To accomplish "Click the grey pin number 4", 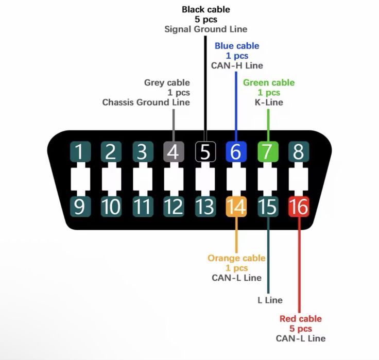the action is click(x=174, y=151).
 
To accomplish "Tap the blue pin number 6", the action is click(x=236, y=151).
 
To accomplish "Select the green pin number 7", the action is click(x=268, y=151).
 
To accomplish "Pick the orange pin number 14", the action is click(x=236, y=207).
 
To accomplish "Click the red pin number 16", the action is click(x=299, y=207).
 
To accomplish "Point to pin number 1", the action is click(x=80, y=151).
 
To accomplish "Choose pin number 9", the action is click(x=80, y=207).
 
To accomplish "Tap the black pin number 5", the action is click(x=205, y=151).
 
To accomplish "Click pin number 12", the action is click(x=174, y=207).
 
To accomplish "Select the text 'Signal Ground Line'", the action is click(x=205, y=29).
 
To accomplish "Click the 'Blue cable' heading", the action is click(x=237, y=46).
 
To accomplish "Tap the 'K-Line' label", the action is click(x=269, y=102).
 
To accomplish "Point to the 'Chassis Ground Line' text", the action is click(x=146, y=102).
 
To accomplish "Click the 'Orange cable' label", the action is click(x=236, y=258).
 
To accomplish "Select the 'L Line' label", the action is click(x=270, y=300).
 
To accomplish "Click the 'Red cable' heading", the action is click(x=300, y=319).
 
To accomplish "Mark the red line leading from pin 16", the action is click(x=299, y=265).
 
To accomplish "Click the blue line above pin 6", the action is click(x=236, y=107).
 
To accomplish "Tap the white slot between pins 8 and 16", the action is click(x=299, y=179).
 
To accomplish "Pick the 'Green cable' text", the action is click(x=269, y=82).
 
